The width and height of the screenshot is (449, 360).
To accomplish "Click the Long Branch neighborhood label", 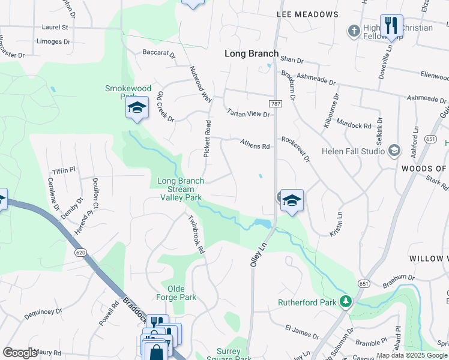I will [x=252, y=53].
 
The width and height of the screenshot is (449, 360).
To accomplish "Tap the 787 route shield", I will [x=276, y=104].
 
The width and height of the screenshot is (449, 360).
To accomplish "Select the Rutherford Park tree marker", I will [x=345, y=301].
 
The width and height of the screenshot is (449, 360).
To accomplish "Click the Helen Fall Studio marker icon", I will [x=394, y=149].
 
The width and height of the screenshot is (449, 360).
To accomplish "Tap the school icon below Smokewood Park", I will [x=137, y=108].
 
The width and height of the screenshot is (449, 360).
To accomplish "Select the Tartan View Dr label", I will [x=249, y=112].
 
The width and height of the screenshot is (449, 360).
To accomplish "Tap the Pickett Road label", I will [x=208, y=139].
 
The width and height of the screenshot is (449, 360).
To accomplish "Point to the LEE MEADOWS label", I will [x=307, y=14].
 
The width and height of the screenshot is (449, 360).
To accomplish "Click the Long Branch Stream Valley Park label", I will [x=181, y=189].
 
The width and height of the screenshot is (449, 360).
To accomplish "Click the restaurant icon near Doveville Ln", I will [x=391, y=26].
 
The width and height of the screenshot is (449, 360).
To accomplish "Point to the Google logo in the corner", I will [x=20, y=353].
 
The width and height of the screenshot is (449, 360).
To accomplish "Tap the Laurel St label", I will [x=55, y=27].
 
